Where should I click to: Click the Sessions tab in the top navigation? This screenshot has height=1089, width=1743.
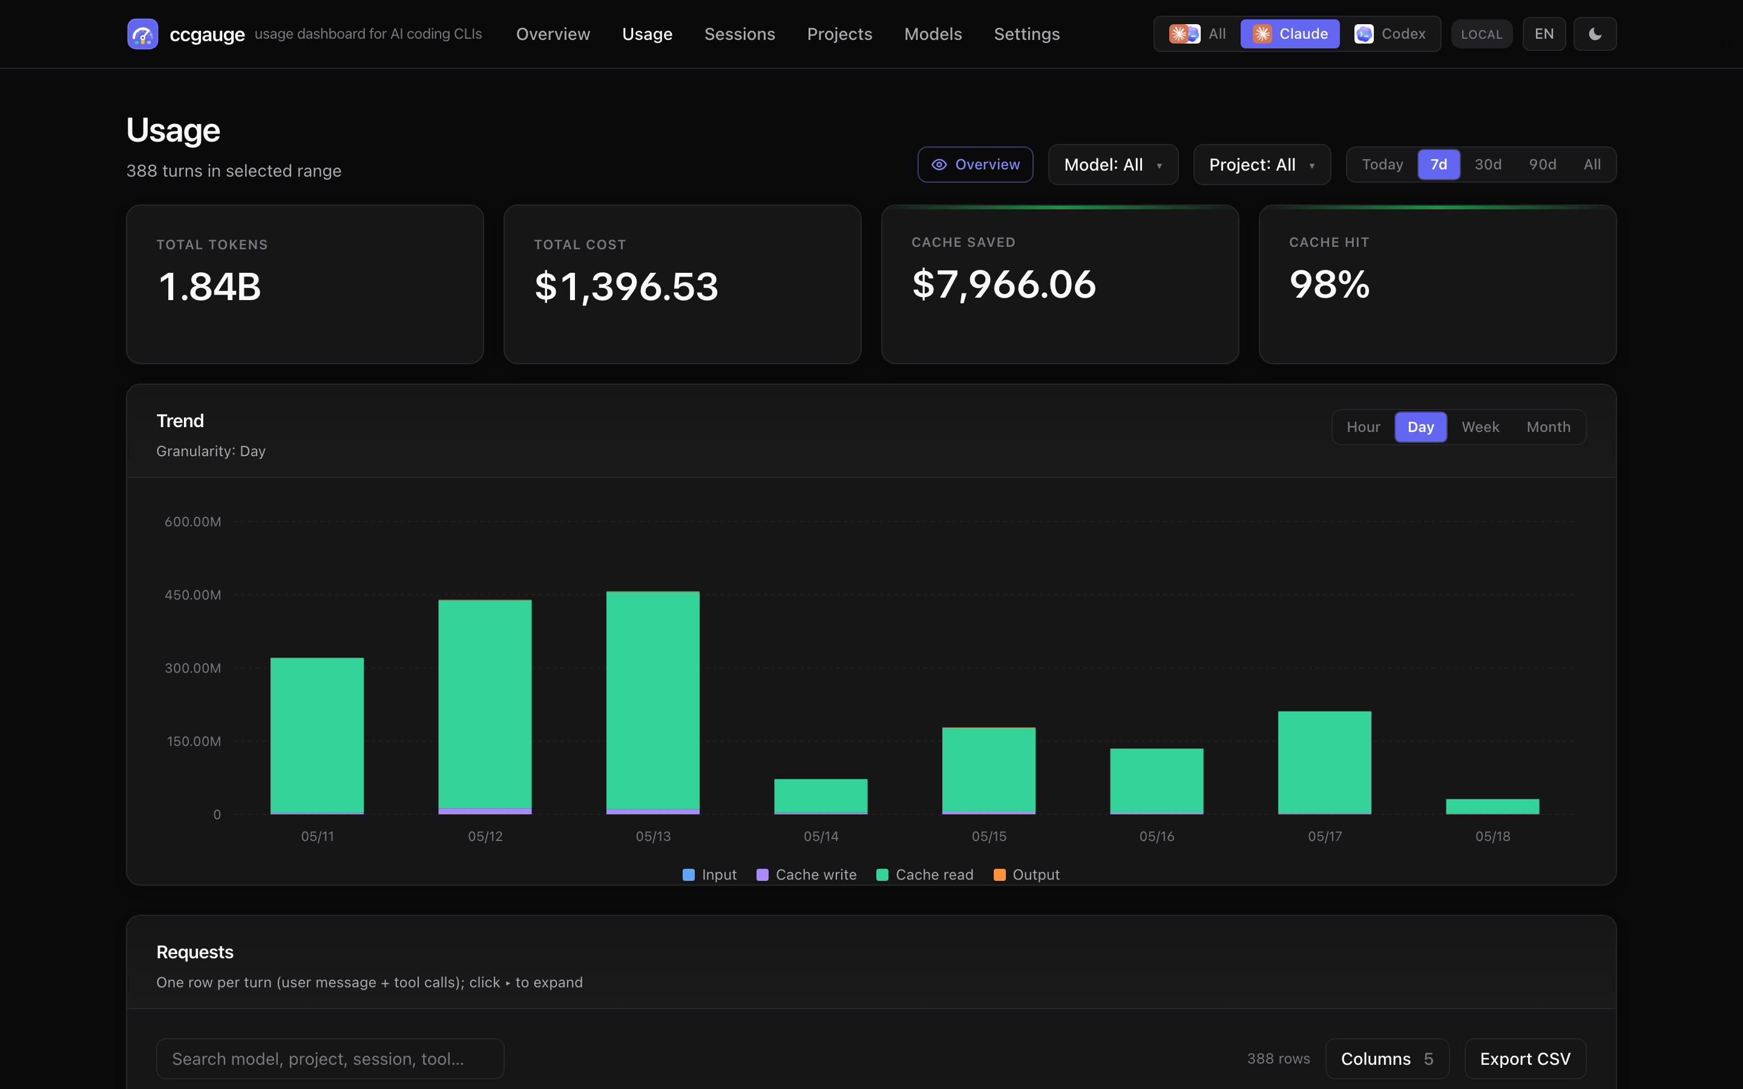click(739, 34)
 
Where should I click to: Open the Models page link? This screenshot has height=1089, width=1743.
click(933, 34)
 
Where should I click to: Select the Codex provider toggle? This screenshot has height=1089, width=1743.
click(1390, 34)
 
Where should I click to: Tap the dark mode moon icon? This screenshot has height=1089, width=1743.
click(1595, 34)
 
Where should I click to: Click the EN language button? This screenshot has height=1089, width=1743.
click(1543, 34)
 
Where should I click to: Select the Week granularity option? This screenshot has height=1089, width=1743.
click(1480, 427)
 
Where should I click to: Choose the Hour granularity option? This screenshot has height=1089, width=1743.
click(1364, 427)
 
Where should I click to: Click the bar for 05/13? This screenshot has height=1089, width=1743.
click(652, 703)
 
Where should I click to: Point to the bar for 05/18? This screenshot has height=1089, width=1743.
click(1492, 806)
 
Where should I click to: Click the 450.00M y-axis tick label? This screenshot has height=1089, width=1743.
click(193, 595)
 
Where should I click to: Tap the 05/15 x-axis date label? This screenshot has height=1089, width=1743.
click(989, 836)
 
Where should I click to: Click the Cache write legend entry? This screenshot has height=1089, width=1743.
click(807, 875)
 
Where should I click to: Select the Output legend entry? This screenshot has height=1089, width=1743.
click(1026, 875)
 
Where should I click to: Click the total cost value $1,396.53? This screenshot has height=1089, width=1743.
click(626, 287)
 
